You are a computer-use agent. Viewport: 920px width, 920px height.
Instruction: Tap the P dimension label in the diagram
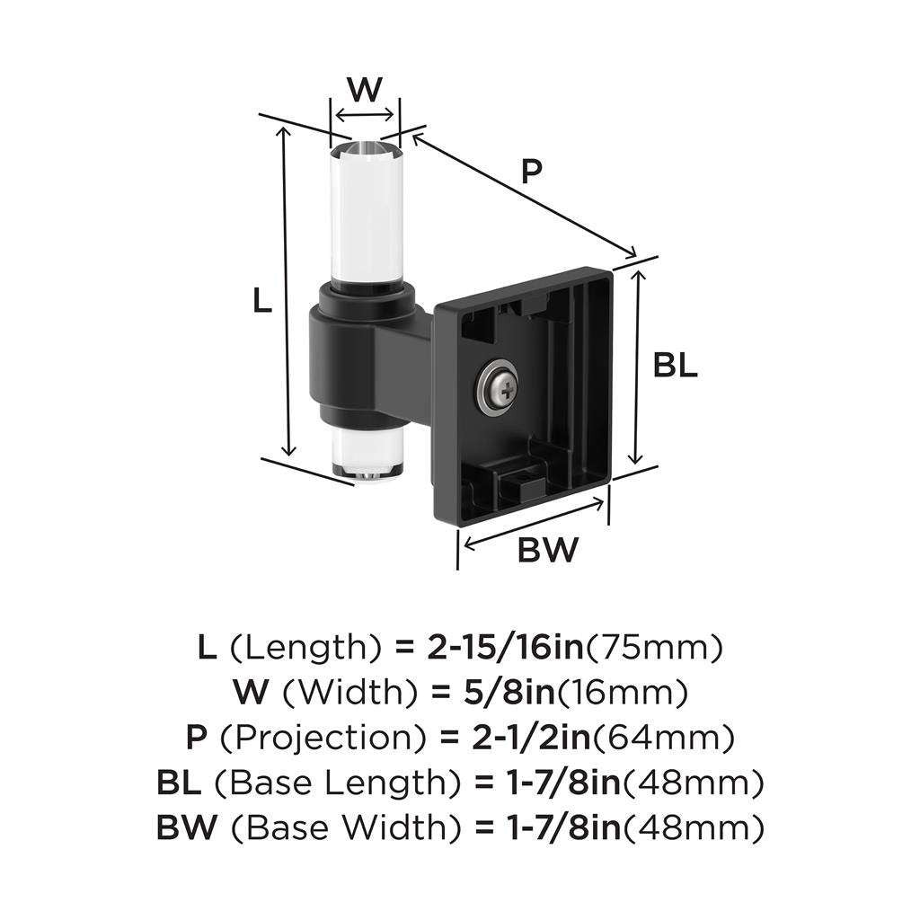point(533,171)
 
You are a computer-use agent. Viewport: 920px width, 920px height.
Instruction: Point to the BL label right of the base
point(675,367)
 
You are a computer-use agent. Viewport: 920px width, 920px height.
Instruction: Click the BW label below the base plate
point(548,549)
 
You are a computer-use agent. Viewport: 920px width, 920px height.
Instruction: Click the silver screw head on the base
point(496,389)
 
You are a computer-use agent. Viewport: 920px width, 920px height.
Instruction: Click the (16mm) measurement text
point(630,693)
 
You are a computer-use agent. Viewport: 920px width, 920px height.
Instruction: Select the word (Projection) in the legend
point(322,739)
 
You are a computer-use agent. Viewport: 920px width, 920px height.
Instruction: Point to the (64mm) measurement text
point(664,739)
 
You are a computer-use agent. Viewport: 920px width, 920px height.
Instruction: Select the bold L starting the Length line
point(206,647)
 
